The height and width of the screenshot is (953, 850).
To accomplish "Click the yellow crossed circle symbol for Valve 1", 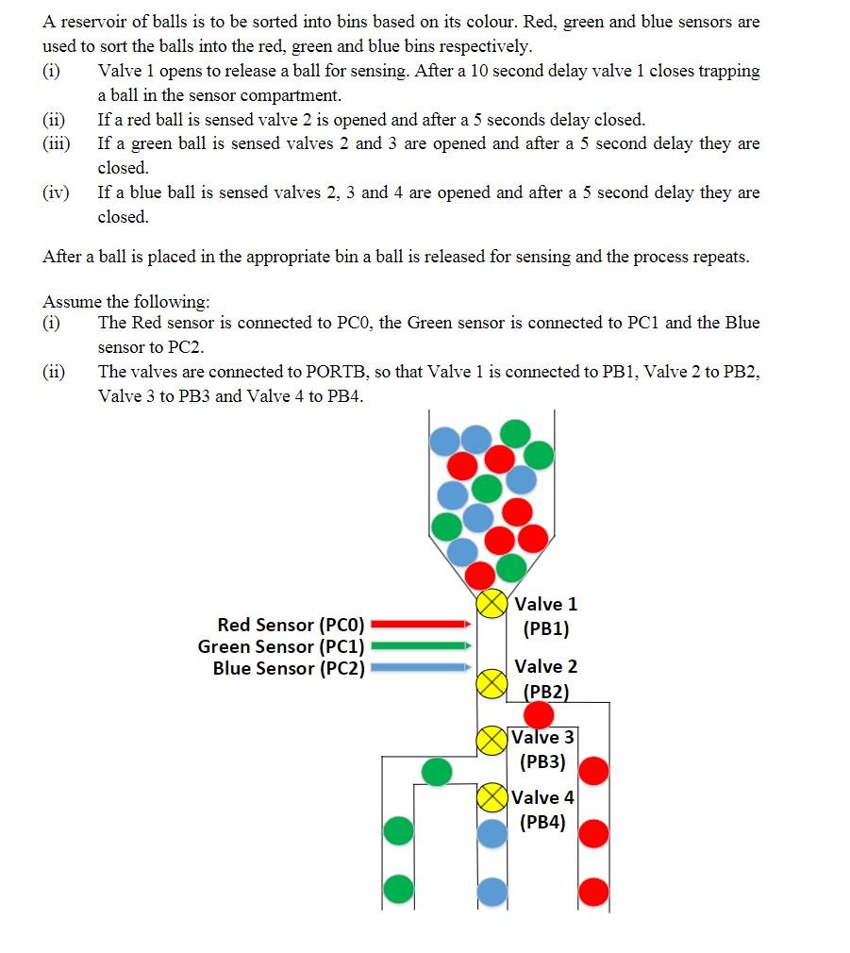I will (x=491, y=604).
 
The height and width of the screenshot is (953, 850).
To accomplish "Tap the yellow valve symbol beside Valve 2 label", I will (x=491, y=683).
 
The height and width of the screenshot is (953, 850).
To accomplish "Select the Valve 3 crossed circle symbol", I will (x=491, y=741).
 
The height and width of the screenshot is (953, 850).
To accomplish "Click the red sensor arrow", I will (x=422, y=624).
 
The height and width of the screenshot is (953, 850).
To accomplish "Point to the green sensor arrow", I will (x=422, y=646).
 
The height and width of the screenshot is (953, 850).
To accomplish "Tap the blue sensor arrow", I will (x=422, y=668).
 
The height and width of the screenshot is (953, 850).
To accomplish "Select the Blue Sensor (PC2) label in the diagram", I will (x=289, y=668).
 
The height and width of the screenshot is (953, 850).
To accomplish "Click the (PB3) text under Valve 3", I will (x=542, y=762).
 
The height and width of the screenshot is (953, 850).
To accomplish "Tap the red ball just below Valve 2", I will (x=539, y=714).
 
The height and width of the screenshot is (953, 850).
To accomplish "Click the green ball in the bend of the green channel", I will (x=437, y=771).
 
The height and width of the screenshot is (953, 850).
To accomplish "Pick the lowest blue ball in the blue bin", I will (x=492, y=891).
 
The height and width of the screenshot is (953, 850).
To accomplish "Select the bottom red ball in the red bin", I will (x=593, y=891).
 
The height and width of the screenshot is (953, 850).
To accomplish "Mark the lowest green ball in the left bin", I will (x=399, y=888).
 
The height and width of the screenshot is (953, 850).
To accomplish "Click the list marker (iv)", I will (x=56, y=192).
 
